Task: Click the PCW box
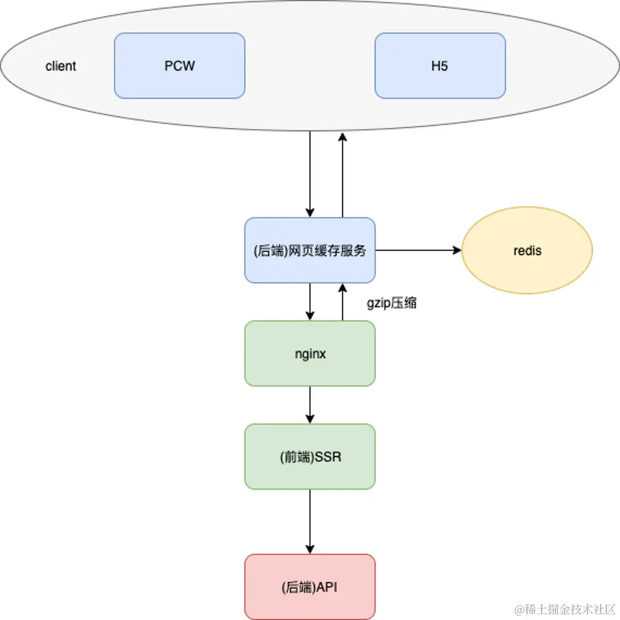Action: coord(180,66)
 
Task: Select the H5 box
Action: coord(440,66)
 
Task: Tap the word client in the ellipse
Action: coord(61,66)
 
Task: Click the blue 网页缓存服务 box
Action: coord(309,250)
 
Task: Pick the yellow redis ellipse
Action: coord(527,250)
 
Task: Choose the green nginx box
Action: coord(309,353)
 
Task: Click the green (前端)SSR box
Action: coord(309,456)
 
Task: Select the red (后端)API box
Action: coord(309,586)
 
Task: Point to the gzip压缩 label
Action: coord(391,304)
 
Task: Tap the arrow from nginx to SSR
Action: coord(310,404)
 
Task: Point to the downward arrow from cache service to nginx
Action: coord(310,302)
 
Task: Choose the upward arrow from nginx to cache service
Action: coord(342,302)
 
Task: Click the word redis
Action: coord(527,251)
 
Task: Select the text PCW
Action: coord(180,66)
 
